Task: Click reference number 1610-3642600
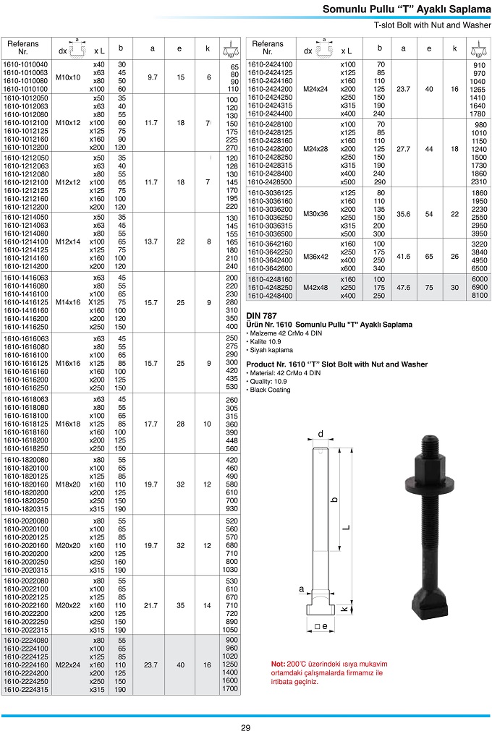click(271, 268)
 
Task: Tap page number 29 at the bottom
click(246, 727)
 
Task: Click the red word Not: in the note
click(279, 664)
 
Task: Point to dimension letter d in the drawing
click(320, 434)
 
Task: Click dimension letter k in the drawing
click(344, 610)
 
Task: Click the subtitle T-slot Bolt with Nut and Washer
click(432, 25)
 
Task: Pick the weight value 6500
click(479, 268)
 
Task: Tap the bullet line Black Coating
click(271, 390)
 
